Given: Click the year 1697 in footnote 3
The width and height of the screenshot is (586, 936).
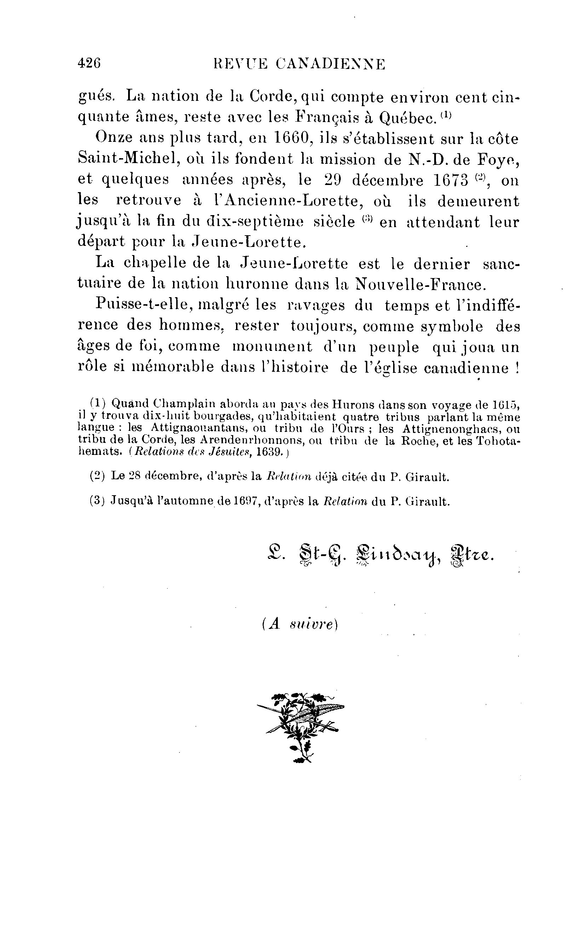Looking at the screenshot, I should (x=247, y=501).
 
